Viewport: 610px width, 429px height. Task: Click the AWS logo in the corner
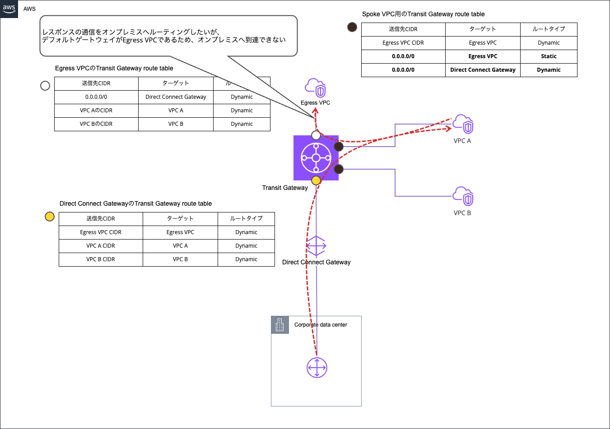[x=9, y=9]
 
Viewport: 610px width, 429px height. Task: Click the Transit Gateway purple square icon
[x=316, y=158]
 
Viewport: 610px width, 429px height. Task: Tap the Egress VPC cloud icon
[x=316, y=88]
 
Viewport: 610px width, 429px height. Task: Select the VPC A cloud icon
[x=463, y=124]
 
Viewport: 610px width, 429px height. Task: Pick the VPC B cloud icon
[x=463, y=196]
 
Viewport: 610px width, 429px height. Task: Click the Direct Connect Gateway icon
[x=316, y=246]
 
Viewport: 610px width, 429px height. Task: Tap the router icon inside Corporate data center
[x=317, y=368]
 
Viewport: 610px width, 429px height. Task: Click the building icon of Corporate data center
[x=280, y=325]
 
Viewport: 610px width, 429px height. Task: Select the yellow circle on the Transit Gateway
[x=316, y=180]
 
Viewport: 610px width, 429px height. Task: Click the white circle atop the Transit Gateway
[x=316, y=135]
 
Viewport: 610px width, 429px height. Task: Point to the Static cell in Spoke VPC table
[x=549, y=56]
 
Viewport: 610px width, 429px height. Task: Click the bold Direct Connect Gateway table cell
[x=483, y=70]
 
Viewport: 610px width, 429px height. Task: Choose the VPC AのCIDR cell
[x=96, y=111]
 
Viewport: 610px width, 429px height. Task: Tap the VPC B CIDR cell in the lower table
[x=101, y=259]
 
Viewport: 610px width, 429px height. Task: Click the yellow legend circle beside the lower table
[x=50, y=217]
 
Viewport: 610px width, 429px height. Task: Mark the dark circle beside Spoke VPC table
[x=352, y=27]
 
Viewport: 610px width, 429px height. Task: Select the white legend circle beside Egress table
[x=45, y=86]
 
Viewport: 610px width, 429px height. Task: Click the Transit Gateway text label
[x=285, y=188]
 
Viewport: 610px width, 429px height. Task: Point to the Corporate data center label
[x=321, y=325]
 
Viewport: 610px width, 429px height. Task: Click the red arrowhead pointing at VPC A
[x=449, y=129]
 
